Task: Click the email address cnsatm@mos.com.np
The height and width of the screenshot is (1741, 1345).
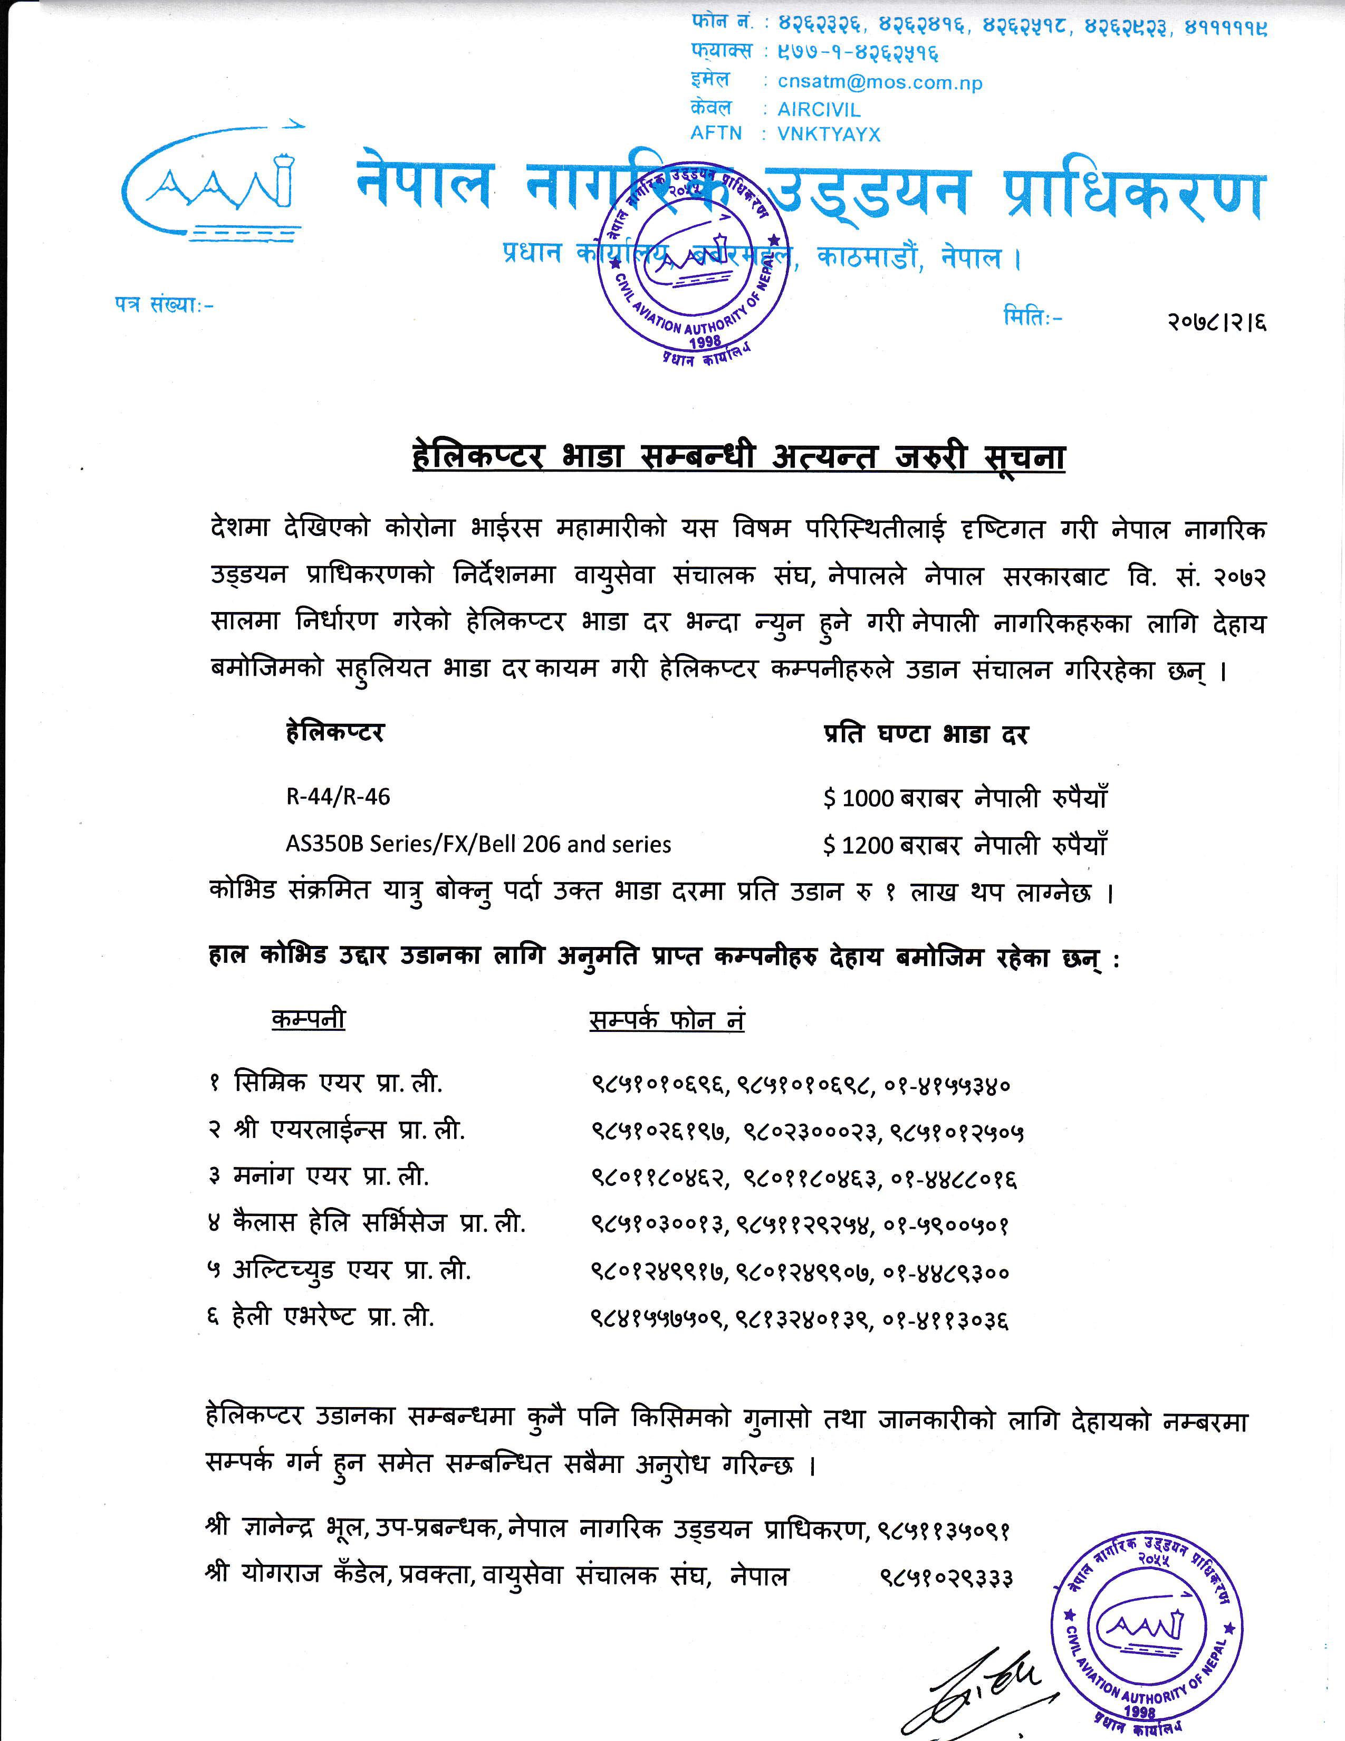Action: coord(880,82)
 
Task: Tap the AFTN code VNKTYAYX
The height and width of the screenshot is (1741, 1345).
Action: coord(829,134)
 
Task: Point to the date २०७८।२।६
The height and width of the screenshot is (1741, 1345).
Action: coord(1216,322)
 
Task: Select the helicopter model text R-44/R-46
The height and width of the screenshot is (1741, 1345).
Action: coord(338,796)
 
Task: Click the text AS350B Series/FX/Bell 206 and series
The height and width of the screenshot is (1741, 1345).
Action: coord(478,844)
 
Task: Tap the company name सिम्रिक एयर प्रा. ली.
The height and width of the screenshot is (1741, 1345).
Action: coord(338,1083)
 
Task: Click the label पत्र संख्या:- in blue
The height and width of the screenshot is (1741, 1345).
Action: coord(164,304)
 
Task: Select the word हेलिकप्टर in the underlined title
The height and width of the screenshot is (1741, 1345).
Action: coord(478,457)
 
